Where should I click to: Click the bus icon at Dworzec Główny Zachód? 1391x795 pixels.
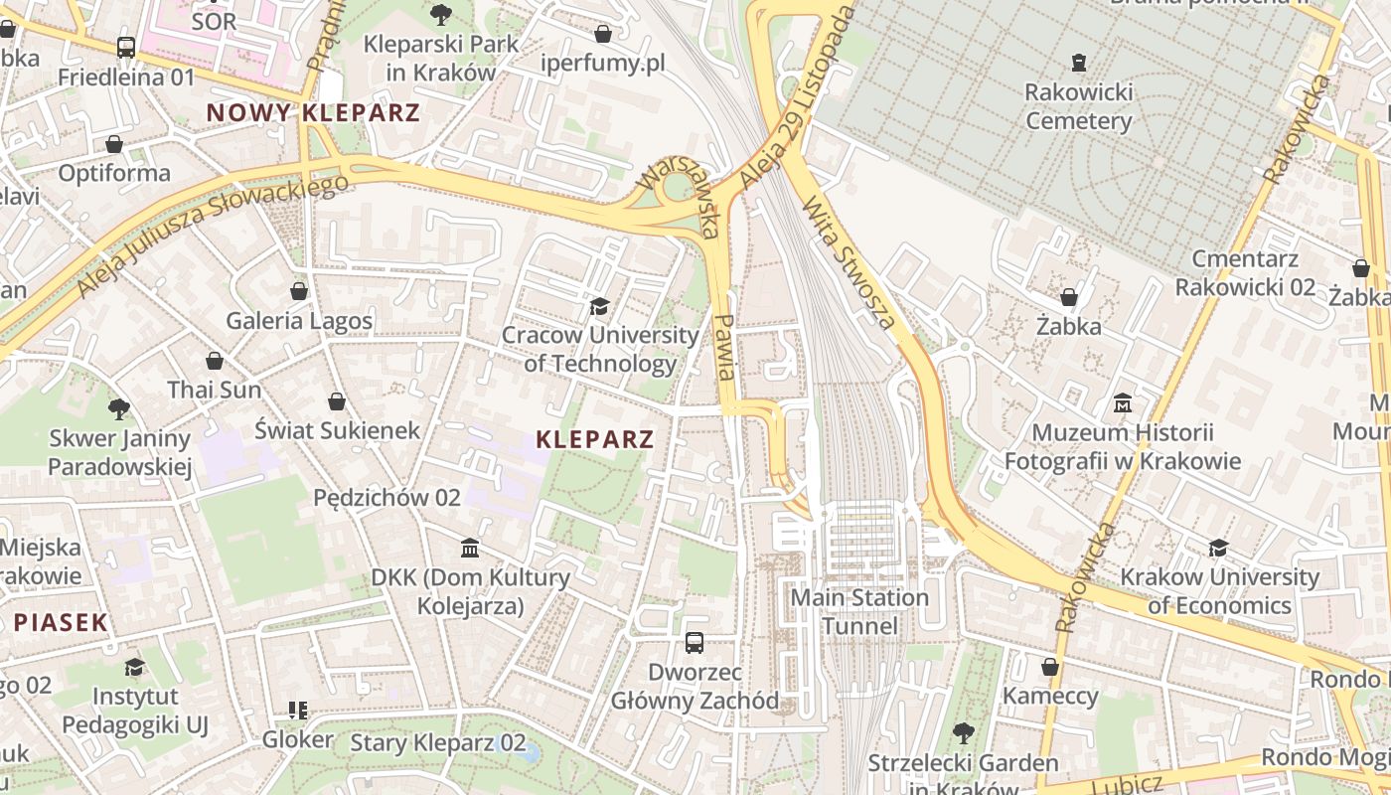695,643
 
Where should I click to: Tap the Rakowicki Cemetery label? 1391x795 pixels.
1078,106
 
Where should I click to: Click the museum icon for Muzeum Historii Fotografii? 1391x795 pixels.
1123,403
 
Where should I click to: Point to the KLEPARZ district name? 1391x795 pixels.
595,439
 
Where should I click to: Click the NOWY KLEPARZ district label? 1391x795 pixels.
313,112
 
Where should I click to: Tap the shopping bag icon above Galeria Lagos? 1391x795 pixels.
298,291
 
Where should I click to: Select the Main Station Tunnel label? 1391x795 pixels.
859,611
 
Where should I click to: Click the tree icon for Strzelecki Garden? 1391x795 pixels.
962,733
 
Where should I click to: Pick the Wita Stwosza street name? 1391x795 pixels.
849,264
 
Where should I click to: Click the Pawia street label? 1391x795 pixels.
725,347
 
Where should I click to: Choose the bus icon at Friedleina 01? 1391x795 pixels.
125,47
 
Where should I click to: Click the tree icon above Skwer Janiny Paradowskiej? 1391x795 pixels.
119,408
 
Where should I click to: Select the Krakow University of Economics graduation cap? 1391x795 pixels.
1218,548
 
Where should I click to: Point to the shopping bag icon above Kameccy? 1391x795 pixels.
1049,667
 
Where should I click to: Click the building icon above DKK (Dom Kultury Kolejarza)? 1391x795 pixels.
470,548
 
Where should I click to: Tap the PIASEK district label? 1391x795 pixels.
60,623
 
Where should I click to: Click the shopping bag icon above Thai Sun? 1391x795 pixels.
214,361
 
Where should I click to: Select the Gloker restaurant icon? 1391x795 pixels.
297,710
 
